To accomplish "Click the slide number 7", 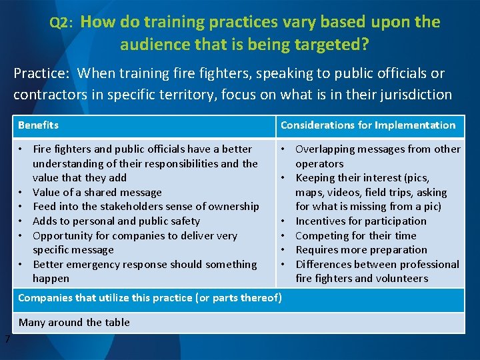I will pyautogui.click(x=7, y=339).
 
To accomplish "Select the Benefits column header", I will pyautogui.click(x=39, y=125).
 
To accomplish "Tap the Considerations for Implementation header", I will pyautogui.click(x=368, y=125).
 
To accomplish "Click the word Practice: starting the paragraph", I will pyautogui.click(x=39, y=73).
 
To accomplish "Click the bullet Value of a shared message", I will pyautogui.click(x=97, y=192).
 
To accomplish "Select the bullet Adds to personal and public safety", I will pyautogui.click(x=116, y=221).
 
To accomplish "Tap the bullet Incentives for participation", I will pyautogui.click(x=361, y=221).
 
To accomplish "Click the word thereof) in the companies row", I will pyautogui.click(x=260, y=298).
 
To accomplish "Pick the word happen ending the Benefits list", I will pyautogui.click(x=51, y=278).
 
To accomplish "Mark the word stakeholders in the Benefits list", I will pyautogui.click(x=136, y=207).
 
